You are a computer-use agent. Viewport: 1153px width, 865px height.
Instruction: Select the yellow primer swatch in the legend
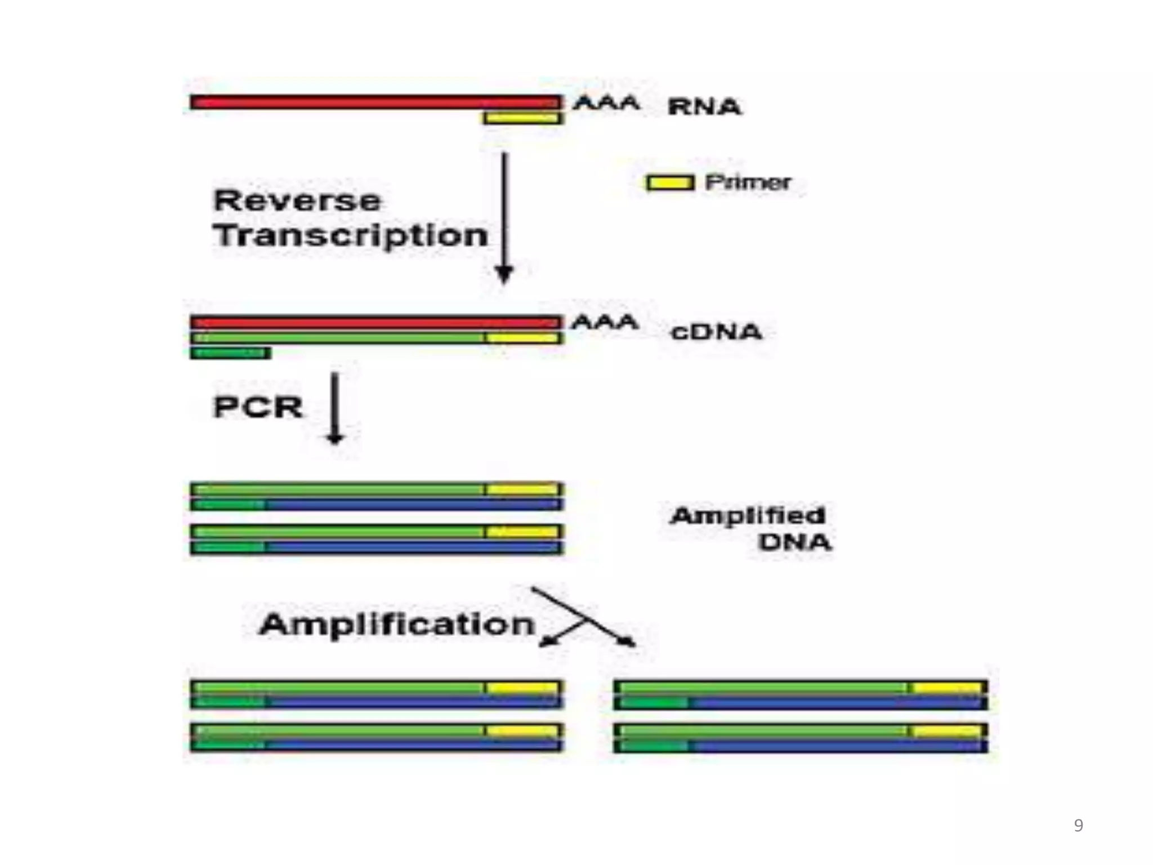point(669,182)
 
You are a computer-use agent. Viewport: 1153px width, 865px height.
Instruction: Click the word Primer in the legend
point(748,182)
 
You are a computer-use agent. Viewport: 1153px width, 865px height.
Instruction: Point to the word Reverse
point(297,201)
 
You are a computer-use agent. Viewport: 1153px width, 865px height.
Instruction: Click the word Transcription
point(350,235)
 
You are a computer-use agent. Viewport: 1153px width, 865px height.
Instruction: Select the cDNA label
point(716,332)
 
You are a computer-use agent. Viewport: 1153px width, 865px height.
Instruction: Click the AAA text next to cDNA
point(605,322)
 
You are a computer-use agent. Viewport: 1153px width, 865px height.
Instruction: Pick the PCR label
point(258,407)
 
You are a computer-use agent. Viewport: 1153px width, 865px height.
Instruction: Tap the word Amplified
point(748,515)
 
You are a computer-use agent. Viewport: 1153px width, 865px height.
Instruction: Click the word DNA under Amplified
point(794,542)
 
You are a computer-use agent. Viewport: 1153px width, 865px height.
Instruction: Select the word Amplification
point(396,624)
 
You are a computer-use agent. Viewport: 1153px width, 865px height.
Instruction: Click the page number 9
point(1078,825)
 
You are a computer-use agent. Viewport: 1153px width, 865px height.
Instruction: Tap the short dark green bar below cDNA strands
point(230,353)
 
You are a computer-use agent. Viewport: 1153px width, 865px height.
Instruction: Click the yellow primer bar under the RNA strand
point(522,118)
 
